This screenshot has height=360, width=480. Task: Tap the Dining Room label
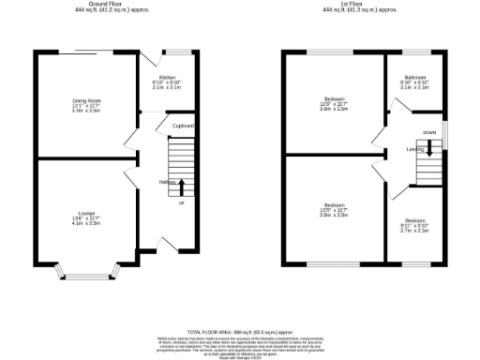point(87,99)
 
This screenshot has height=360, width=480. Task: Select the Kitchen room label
point(167,77)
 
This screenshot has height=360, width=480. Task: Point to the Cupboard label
point(183,126)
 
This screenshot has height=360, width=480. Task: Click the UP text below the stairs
point(181,202)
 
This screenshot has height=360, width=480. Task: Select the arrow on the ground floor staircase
point(181,186)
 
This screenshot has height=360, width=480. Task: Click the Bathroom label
point(415,77)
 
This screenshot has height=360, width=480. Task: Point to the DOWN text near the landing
point(428,133)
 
